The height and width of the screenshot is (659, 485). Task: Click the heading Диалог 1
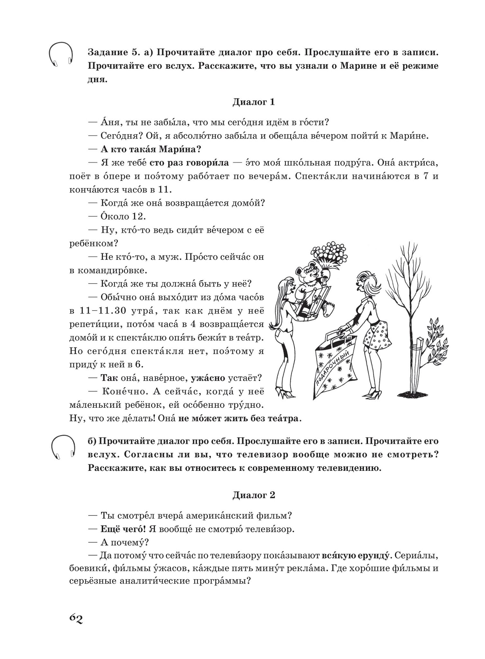pos(254,102)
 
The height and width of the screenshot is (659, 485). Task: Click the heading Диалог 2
pos(254,495)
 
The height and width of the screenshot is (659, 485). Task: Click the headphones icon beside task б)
pos(63,447)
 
